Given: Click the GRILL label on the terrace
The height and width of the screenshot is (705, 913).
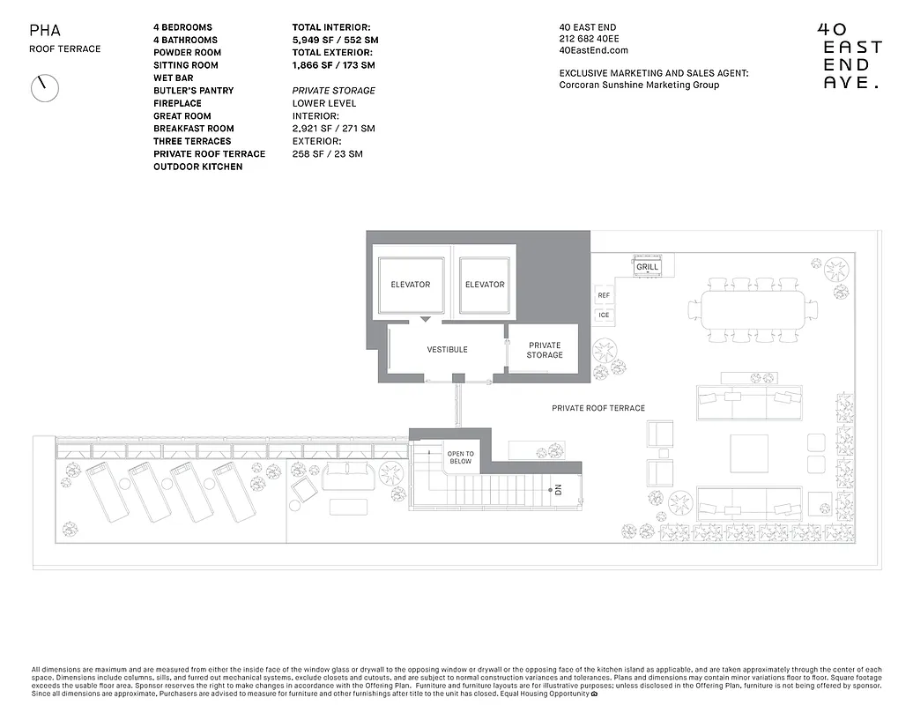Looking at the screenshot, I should (647, 267).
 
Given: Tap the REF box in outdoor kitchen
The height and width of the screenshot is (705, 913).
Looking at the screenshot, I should (604, 296).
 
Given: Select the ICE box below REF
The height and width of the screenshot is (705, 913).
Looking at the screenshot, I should (604, 315).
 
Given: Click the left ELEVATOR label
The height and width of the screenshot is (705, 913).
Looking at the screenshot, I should (410, 285).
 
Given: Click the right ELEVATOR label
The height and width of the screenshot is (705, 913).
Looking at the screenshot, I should (485, 285).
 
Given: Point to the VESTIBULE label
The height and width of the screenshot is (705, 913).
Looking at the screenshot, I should (447, 350).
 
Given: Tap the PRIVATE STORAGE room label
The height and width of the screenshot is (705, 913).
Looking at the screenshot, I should (545, 350).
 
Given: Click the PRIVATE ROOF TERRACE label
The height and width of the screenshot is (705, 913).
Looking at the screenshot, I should (598, 408).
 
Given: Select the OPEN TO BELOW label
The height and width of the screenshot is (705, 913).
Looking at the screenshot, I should (460, 457).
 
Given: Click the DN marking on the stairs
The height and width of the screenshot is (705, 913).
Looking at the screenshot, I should (558, 490).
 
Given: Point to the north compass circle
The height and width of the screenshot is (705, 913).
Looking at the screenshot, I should (44, 88).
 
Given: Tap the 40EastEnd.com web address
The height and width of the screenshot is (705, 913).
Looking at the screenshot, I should (593, 51).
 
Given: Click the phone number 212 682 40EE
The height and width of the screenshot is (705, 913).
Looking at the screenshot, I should (590, 39).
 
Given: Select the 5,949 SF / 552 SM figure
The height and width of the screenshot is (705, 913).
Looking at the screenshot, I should (335, 40).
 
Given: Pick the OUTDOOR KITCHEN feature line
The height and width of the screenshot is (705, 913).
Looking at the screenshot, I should (197, 167).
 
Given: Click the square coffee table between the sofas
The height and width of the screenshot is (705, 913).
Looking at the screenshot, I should (748, 452).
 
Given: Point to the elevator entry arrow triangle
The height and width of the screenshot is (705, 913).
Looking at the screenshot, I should (426, 318).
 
